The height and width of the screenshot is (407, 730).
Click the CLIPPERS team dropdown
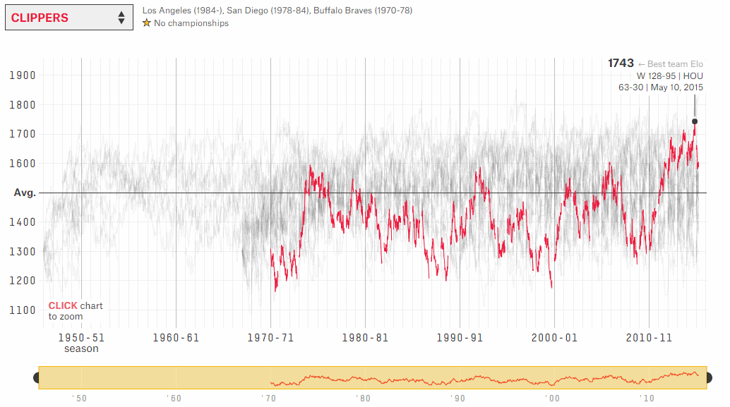pos(68,18)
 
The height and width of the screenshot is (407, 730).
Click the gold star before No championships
pos(147,23)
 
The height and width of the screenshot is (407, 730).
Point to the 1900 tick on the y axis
pos(25,75)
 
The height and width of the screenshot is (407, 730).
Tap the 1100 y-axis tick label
pos(25,310)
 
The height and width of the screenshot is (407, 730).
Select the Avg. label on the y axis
pos(25,193)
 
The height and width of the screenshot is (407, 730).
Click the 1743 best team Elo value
pos(621,63)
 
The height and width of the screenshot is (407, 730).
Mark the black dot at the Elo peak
pos(695,121)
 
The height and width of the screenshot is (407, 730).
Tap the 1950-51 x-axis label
pos(81,338)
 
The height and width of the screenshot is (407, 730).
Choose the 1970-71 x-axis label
pos(270,338)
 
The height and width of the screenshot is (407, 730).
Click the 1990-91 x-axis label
pos(460,338)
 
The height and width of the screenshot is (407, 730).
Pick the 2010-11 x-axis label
pos(649,338)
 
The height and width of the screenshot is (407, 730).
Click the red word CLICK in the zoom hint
pos(63,306)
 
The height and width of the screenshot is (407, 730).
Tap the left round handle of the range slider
pos(37,378)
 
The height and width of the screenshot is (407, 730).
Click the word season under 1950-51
pos(81,348)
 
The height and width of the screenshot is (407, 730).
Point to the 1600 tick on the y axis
pos(25,164)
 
